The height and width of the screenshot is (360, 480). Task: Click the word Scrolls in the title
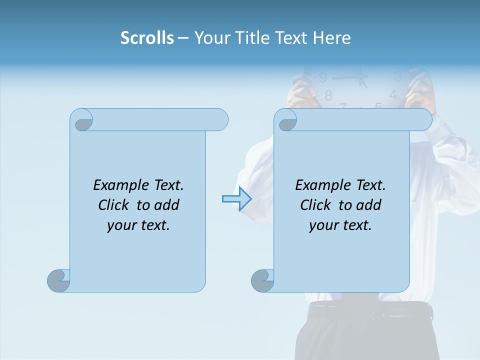147,38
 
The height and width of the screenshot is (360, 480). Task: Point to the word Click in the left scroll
109,205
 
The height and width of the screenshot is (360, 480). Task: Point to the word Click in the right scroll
311,205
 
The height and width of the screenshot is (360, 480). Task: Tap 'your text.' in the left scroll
138,225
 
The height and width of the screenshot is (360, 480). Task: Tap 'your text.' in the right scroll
340,225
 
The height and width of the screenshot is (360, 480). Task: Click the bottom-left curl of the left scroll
58,280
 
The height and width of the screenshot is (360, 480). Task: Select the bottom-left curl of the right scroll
262,280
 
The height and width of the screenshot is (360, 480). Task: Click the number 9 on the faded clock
322,77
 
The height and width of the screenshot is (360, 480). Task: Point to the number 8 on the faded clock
328,95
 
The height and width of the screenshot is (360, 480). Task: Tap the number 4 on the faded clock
393,94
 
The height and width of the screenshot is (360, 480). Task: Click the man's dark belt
370,310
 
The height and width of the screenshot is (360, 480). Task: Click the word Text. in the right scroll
370,185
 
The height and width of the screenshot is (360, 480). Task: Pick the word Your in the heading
210,38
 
